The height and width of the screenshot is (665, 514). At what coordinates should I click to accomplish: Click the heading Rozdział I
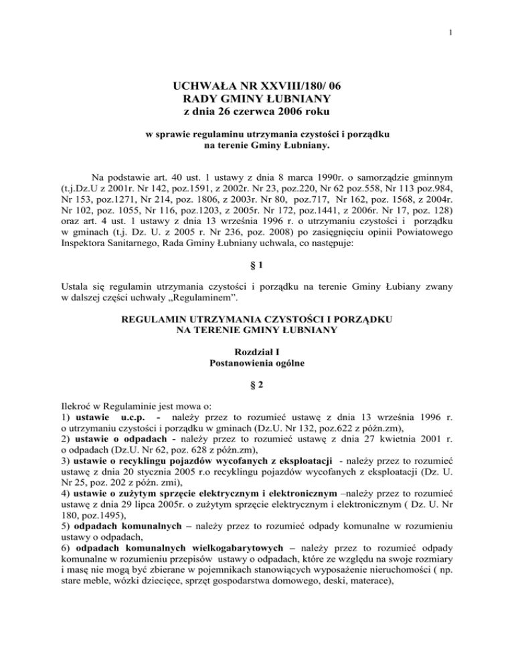point(257,351)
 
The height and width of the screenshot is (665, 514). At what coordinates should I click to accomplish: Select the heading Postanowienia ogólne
point(257,363)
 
